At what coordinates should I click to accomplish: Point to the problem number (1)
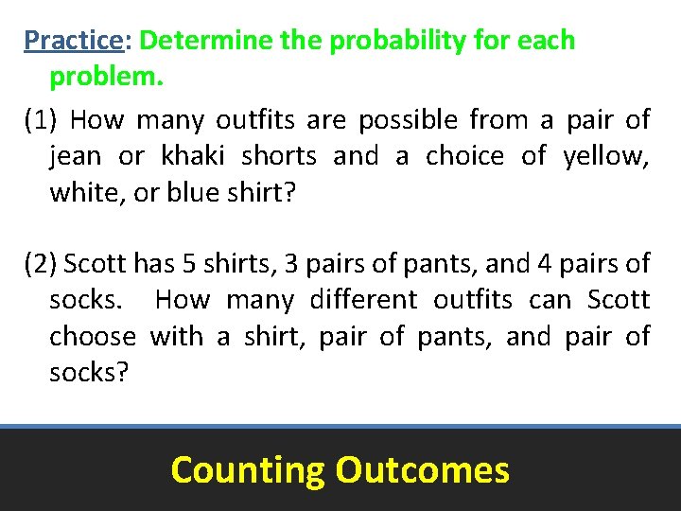42,120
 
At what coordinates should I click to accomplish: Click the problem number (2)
42,263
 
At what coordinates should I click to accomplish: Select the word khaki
193,156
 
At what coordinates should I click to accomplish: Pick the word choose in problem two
93,336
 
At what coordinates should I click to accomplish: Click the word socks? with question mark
88,372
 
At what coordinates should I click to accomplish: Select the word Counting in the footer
247,469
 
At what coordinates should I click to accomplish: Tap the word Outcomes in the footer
422,469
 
